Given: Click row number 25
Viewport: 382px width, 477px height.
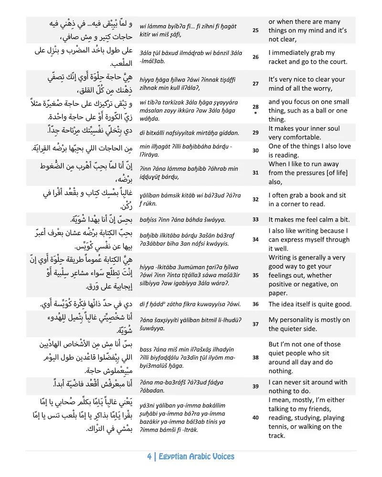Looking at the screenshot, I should click(x=255, y=31).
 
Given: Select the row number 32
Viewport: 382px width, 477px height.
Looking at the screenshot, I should click(x=255, y=199).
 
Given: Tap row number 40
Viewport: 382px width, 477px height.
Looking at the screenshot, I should click(x=255, y=417).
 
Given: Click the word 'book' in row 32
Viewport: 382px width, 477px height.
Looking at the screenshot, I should click(x=318, y=195).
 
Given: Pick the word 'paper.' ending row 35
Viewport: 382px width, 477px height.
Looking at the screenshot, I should click(x=278, y=293).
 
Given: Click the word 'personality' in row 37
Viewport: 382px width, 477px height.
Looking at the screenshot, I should click(x=300, y=320).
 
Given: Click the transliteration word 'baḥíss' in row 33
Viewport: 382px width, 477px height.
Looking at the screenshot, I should click(x=150, y=219).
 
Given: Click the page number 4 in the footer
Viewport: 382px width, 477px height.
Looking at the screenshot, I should click(x=150, y=456).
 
